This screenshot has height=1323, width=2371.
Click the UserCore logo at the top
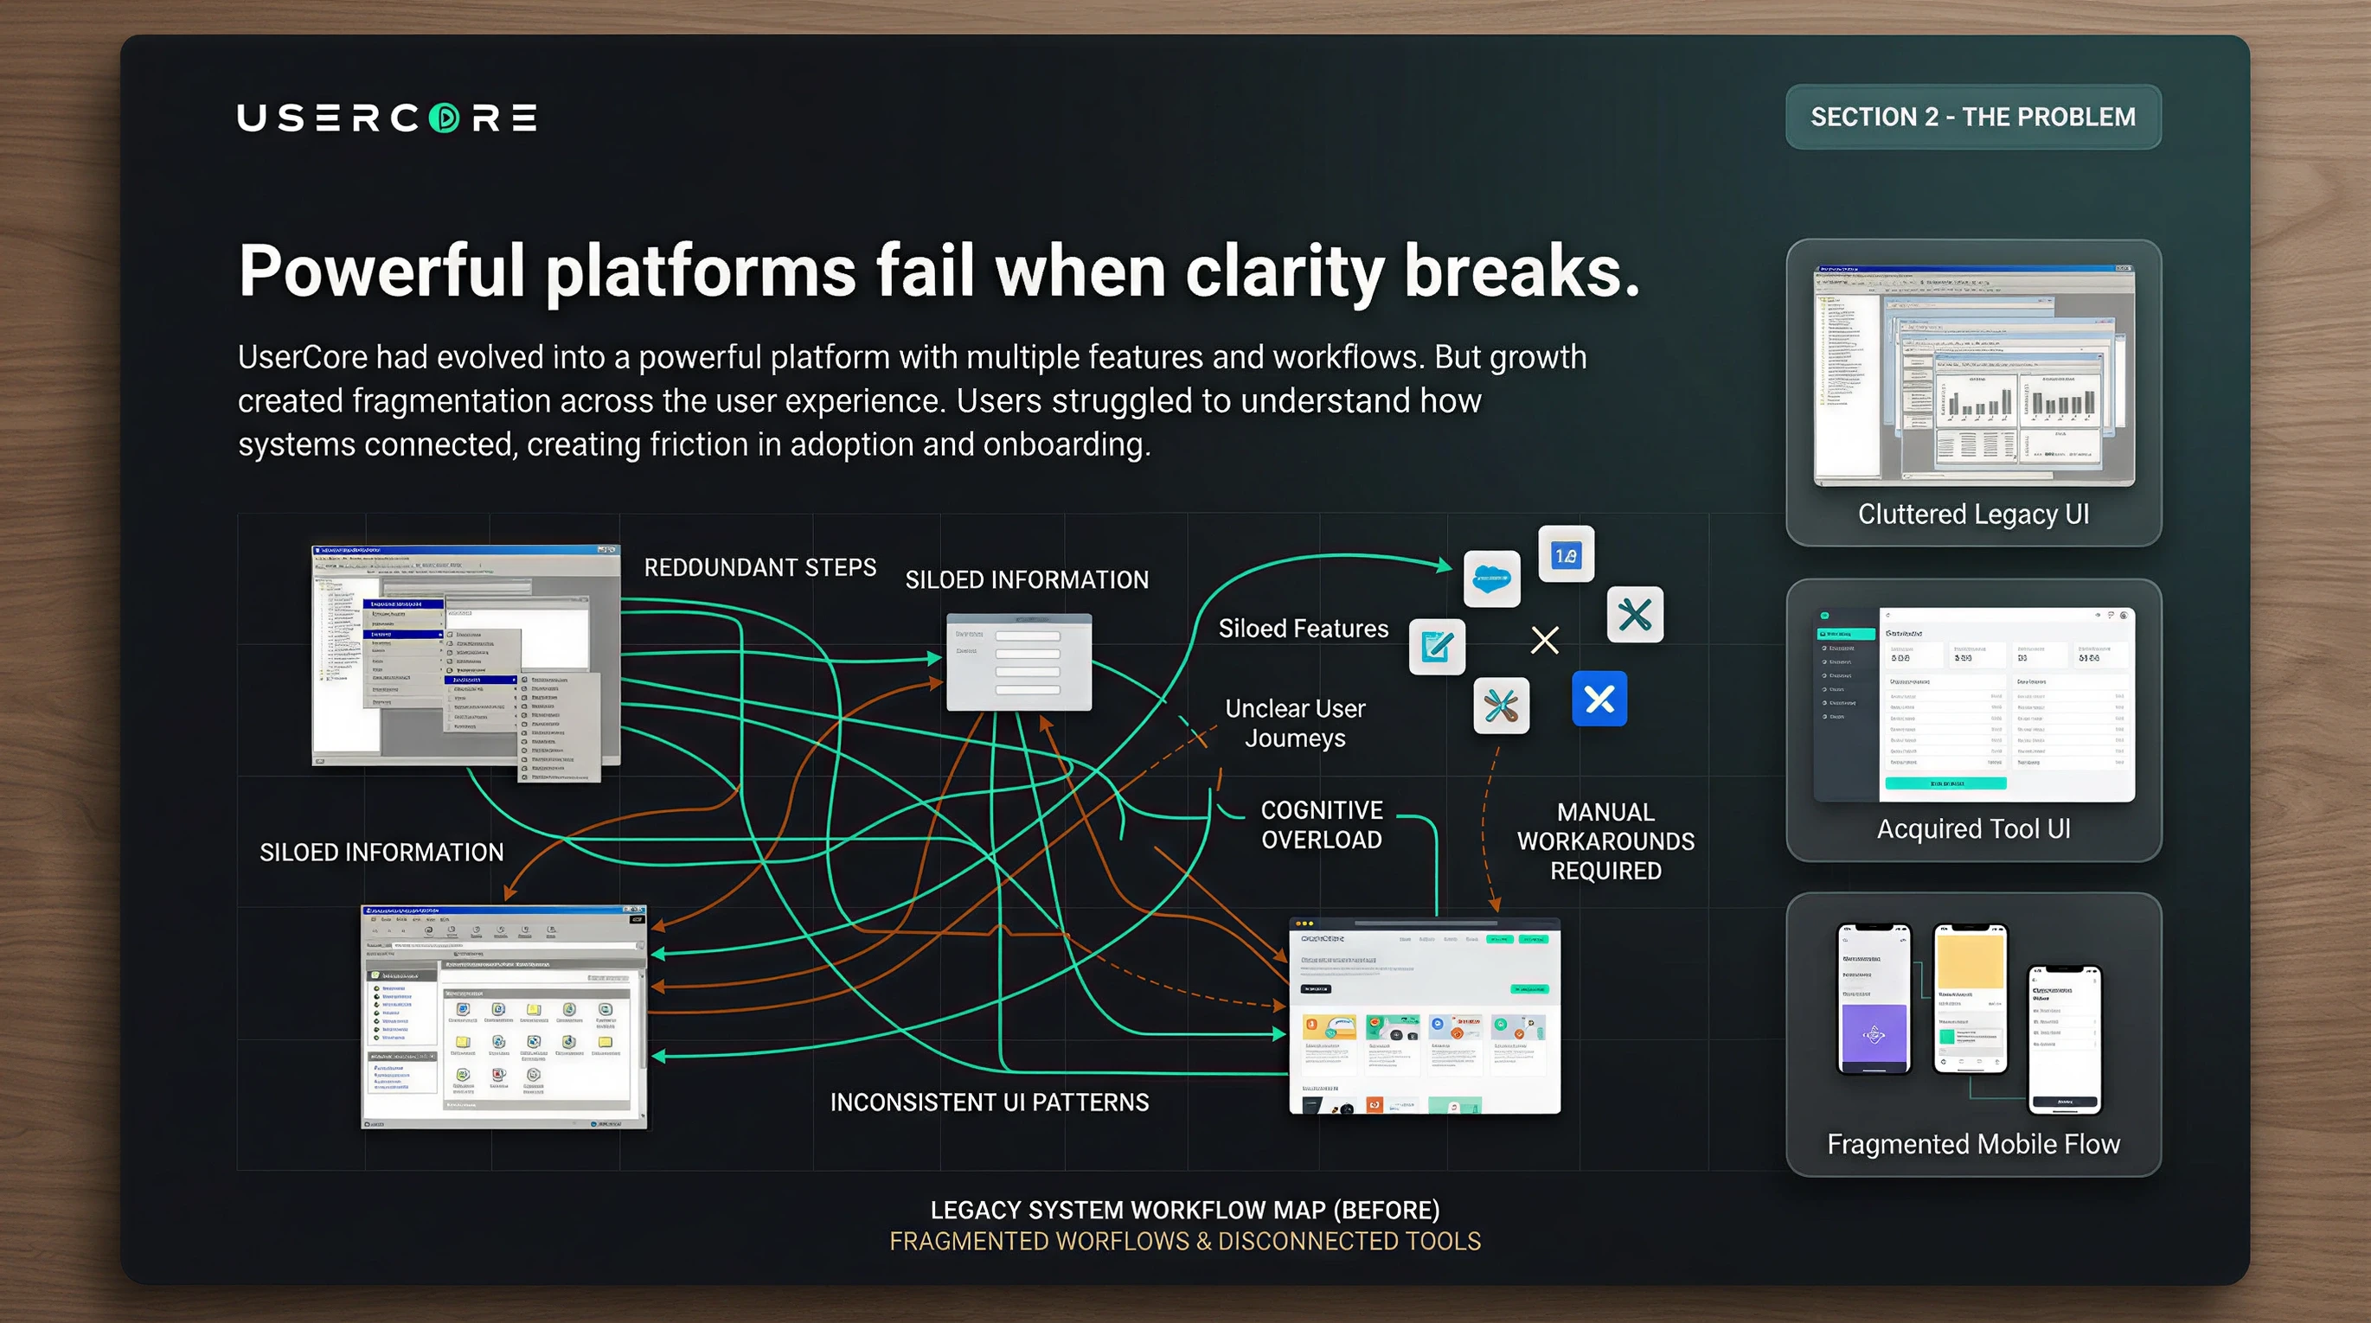coord(387,118)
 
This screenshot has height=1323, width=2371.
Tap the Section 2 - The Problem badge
coord(1972,117)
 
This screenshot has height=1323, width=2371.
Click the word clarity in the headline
coord(1284,272)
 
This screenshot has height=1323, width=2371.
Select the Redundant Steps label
coord(759,567)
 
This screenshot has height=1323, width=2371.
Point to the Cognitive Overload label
coord(1321,824)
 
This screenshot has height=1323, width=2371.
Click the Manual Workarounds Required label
coord(1605,840)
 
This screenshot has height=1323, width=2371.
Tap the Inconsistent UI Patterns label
coord(989,1102)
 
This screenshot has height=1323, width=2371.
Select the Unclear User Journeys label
coord(1294,723)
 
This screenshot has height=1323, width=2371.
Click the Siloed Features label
coord(1303,629)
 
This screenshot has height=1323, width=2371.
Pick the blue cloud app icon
coord(1491,578)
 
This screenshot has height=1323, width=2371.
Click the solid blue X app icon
coord(1599,700)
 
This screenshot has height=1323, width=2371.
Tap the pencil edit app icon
coord(1437,647)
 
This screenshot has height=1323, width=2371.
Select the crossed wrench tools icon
coord(1500,706)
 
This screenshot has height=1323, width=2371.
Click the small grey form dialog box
coord(1019,662)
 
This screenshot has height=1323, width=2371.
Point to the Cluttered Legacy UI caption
coord(1972,514)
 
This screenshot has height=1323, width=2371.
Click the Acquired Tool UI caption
coord(1972,829)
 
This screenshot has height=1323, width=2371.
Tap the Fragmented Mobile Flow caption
coord(1972,1144)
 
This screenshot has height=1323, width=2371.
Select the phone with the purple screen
coord(1873,999)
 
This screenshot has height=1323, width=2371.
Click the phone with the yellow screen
coord(1970,999)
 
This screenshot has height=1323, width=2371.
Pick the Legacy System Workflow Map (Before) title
coord(1184,1210)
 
